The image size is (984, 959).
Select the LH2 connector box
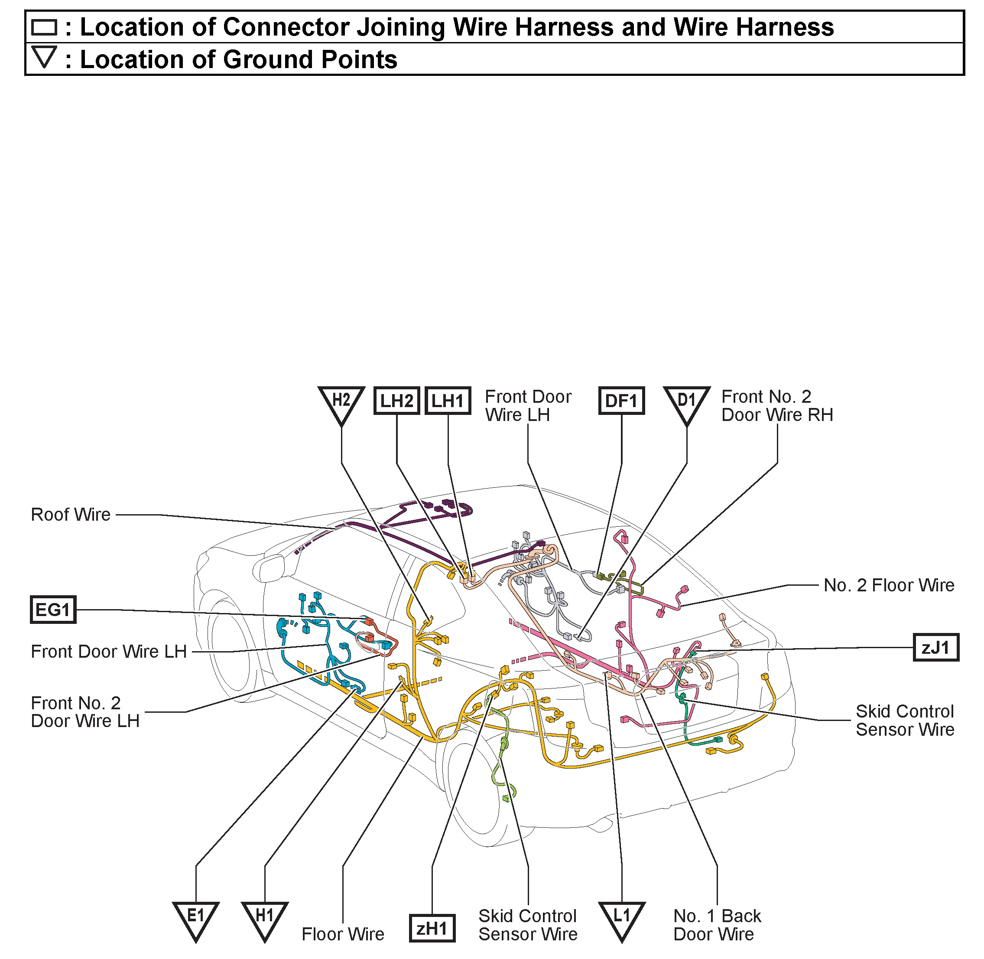396,401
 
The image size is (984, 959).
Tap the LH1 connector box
448,401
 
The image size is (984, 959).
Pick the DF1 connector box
621,401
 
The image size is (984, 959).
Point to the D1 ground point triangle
686,402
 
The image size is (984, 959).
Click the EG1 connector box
53,610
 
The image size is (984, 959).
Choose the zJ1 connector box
935,647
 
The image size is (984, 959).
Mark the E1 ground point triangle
196,918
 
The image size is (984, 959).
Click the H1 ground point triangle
265,918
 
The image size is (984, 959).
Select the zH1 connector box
432,928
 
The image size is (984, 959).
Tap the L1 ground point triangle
622,918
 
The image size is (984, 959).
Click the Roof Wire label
71,515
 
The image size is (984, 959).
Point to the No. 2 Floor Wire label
889,585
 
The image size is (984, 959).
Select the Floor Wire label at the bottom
343,934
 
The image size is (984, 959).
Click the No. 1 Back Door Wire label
717,925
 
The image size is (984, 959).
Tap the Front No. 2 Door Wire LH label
85,712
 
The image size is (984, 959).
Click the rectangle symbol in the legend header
44,27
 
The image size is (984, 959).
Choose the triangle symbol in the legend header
44,57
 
